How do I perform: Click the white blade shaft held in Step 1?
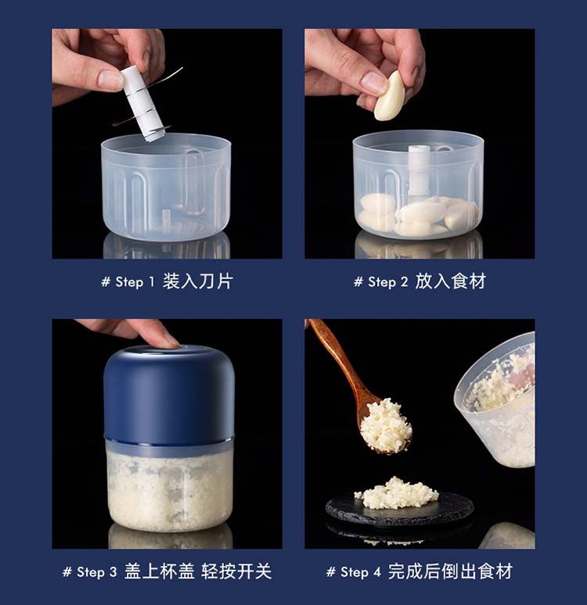[x=143, y=102]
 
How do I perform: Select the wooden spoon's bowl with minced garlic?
[x=385, y=425]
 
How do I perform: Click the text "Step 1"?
[x=135, y=281]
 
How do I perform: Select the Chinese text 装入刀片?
[x=197, y=281]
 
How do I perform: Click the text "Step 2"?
[x=387, y=281]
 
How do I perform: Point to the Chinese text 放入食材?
[x=450, y=281]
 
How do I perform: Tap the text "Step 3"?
[x=96, y=572]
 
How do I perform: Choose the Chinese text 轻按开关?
[x=236, y=571]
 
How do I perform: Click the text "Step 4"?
[x=360, y=572]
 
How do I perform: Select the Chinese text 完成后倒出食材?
[x=450, y=571]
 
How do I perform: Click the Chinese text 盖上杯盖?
[x=159, y=571]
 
